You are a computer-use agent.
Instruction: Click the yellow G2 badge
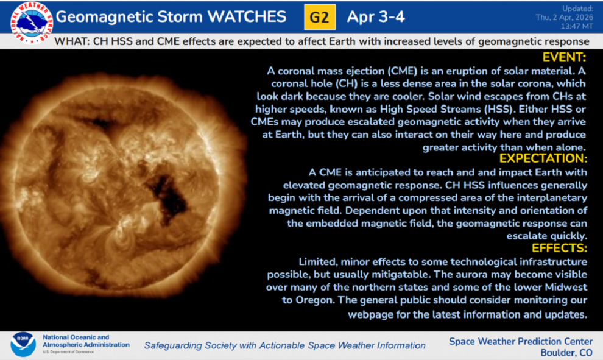[x=320, y=17]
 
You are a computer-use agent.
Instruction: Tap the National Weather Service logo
[x=32, y=23]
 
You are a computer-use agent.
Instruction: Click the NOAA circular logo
[x=23, y=344]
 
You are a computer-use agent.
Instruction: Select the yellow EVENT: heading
[x=564, y=57]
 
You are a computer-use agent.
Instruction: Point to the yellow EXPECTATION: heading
[x=543, y=158]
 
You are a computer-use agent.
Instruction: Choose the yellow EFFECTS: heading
[x=560, y=248]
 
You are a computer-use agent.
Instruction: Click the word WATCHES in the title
[x=247, y=17]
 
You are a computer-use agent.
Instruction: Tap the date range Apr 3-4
[x=376, y=17]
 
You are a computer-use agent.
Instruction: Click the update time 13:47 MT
[x=577, y=27]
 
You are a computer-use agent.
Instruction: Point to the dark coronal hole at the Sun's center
[x=169, y=198]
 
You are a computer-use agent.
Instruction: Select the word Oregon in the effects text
[x=314, y=300]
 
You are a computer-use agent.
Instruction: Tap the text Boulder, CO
[x=566, y=353]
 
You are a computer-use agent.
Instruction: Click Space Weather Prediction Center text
[x=521, y=342]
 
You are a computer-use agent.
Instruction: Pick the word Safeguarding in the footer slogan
[x=173, y=346]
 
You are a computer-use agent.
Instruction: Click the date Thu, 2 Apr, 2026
[x=564, y=17]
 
